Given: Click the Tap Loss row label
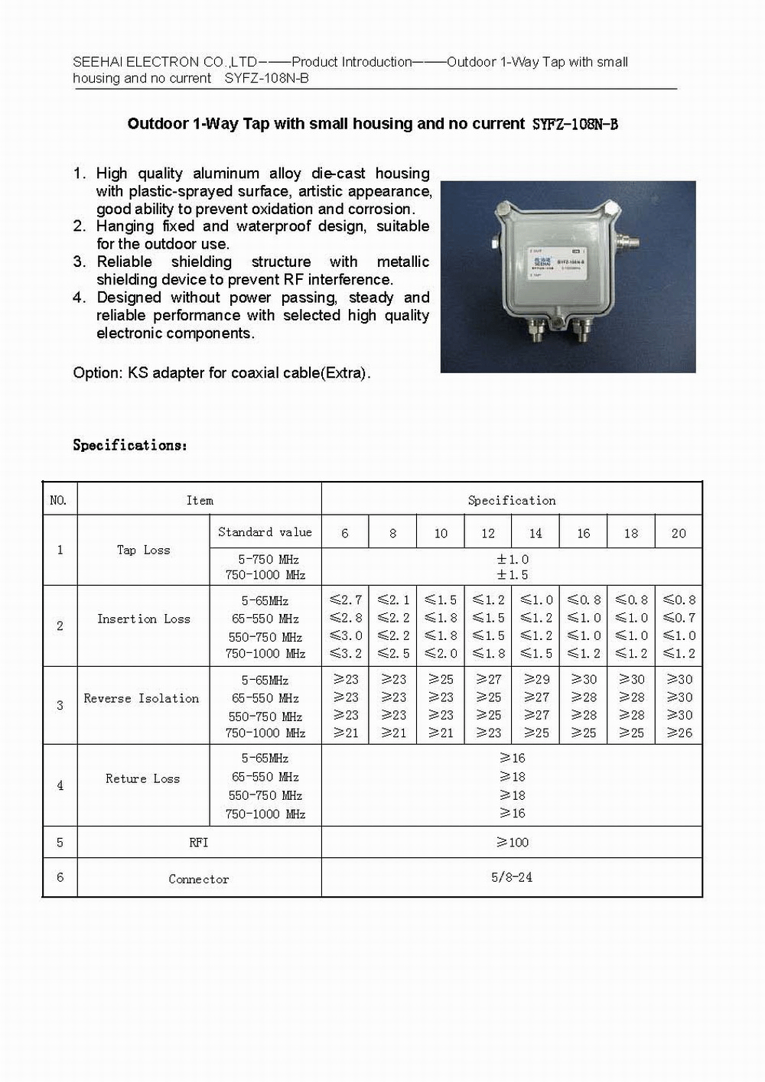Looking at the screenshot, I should pyautogui.click(x=143, y=550).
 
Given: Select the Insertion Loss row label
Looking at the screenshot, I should pyautogui.click(x=143, y=619).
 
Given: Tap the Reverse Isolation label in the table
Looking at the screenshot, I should pyautogui.click(x=141, y=698).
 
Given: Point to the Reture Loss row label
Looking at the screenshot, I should pyautogui.click(x=142, y=778).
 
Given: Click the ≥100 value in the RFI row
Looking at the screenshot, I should pyautogui.click(x=512, y=842).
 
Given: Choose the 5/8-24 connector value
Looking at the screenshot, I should pyautogui.click(x=512, y=877).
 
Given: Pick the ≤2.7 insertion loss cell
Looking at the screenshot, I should pyautogui.click(x=345, y=599).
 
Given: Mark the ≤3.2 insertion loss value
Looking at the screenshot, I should pyautogui.click(x=345, y=653).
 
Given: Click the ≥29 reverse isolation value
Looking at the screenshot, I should pyautogui.click(x=536, y=679).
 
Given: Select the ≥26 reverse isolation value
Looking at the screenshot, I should pyautogui.click(x=679, y=733).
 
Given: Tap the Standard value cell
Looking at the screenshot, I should pyautogui.click(x=265, y=531).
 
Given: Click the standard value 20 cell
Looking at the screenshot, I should pyautogui.click(x=679, y=533).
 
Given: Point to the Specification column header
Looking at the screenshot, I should pyautogui.click(x=512, y=500).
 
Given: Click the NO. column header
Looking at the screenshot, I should pyautogui.click(x=58, y=500).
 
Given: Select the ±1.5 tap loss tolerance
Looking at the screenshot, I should pyautogui.click(x=512, y=574).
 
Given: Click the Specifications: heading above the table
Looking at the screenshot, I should pyautogui.click(x=129, y=444).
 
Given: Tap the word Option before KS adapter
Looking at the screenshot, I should pyautogui.click(x=97, y=373).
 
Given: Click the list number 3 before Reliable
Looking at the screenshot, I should pyautogui.click(x=79, y=262).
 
